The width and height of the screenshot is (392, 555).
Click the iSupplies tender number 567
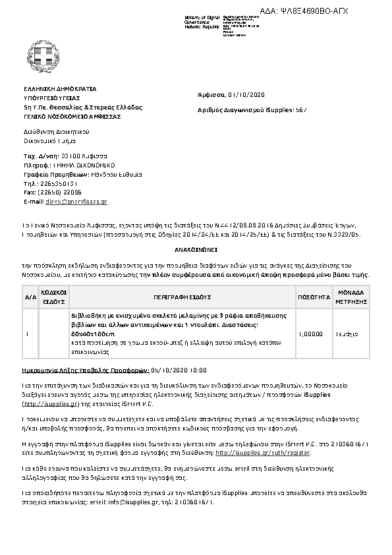301,109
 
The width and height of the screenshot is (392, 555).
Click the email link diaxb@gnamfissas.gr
74,200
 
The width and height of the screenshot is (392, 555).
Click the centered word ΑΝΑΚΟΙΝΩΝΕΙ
196,251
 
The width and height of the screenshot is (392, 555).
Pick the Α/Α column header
30,297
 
